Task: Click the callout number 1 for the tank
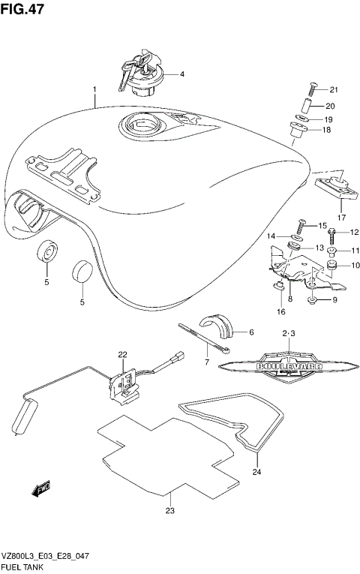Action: (94, 90)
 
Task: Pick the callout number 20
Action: (329, 106)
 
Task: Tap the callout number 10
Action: (355, 265)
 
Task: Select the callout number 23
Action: (170, 512)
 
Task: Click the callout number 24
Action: (256, 473)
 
